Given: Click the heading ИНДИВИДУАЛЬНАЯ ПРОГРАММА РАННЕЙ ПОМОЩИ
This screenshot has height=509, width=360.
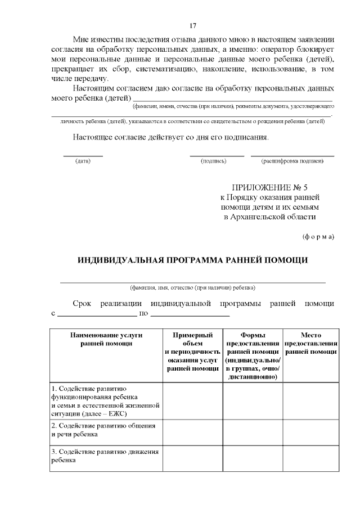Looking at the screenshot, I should pyautogui.click(x=192, y=259).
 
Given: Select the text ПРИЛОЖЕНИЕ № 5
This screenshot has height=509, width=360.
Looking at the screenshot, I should pyautogui.click(x=270, y=187).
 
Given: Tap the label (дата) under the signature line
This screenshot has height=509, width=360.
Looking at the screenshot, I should pyautogui.click(x=83, y=161).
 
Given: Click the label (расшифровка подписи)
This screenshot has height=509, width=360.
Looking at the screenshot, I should pyautogui.click(x=292, y=161).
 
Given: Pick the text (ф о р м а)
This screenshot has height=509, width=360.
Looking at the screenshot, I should pyautogui.click(x=318, y=236).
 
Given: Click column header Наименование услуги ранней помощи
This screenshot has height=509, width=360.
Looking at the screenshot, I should pyautogui.click(x=106, y=339).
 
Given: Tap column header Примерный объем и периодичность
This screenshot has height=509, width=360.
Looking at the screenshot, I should pyautogui.click(x=192, y=352).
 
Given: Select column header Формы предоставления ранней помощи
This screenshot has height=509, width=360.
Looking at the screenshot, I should pyautogui.click(x=253, y=355).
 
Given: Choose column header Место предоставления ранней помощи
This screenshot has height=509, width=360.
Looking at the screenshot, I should pyautogui.click(x=310, y=343).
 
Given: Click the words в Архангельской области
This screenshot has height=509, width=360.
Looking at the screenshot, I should pyautogui.click(x=270, y=217).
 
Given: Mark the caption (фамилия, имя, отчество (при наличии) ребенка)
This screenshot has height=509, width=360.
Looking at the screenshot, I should pyautogui.click(x=192, y=287).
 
